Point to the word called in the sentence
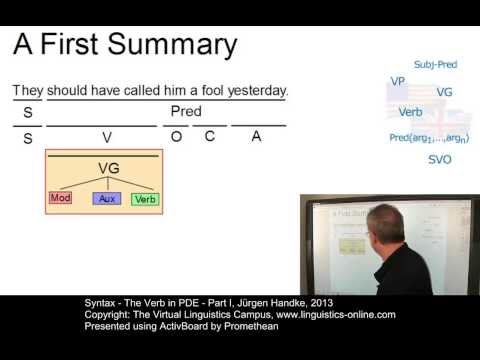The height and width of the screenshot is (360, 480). click(145, 90)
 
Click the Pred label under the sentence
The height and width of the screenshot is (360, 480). click(186, 110)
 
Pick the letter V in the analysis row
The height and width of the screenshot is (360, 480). click(106, 137)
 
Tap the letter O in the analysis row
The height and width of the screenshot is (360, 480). click(176, 137)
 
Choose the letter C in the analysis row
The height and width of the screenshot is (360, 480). click(210, 137)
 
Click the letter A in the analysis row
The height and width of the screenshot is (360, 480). click(256, 137)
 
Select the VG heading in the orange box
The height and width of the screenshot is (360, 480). click(109, 168)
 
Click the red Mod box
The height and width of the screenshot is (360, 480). click(61, 197)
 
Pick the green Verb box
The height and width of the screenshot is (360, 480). click(145, 198)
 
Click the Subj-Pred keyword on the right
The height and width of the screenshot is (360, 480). click(434, 65)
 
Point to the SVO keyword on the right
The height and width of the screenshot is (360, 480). click(439, 159)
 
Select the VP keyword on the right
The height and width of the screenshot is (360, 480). click(397, 80)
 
